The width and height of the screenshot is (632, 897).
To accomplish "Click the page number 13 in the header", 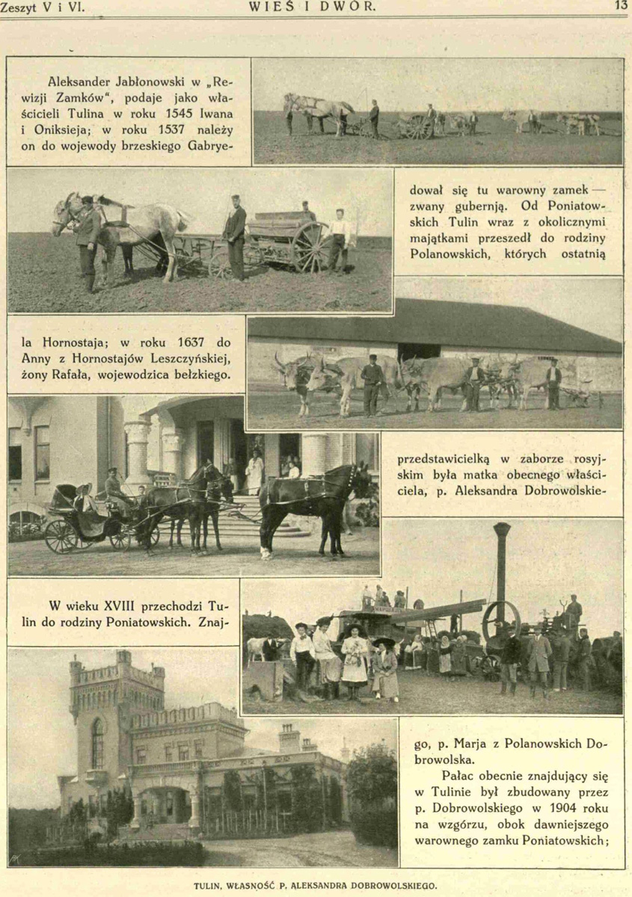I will (x=622, y=6).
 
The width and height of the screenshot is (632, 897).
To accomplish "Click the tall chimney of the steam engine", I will (x=501, y=561).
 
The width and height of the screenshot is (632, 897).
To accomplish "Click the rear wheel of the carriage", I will (x=61, y=535).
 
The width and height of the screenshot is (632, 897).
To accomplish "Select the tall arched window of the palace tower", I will (x=97, y=744).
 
